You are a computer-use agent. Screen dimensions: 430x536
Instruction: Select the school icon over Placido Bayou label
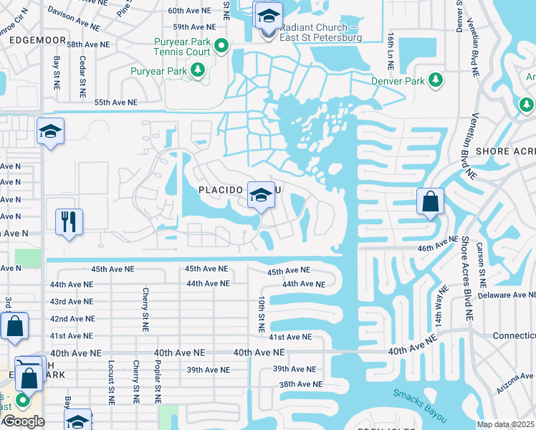(260, 194)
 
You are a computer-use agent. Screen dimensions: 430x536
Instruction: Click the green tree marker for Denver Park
(435, 80)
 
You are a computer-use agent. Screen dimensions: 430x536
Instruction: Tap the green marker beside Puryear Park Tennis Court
(221, 47)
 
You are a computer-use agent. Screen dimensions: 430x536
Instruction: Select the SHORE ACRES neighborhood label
(505, 151)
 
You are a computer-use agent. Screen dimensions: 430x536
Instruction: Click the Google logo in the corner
(23, 421)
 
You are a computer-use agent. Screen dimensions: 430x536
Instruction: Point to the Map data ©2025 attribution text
(505, 424)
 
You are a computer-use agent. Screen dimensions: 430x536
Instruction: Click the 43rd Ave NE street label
(71, 302)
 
